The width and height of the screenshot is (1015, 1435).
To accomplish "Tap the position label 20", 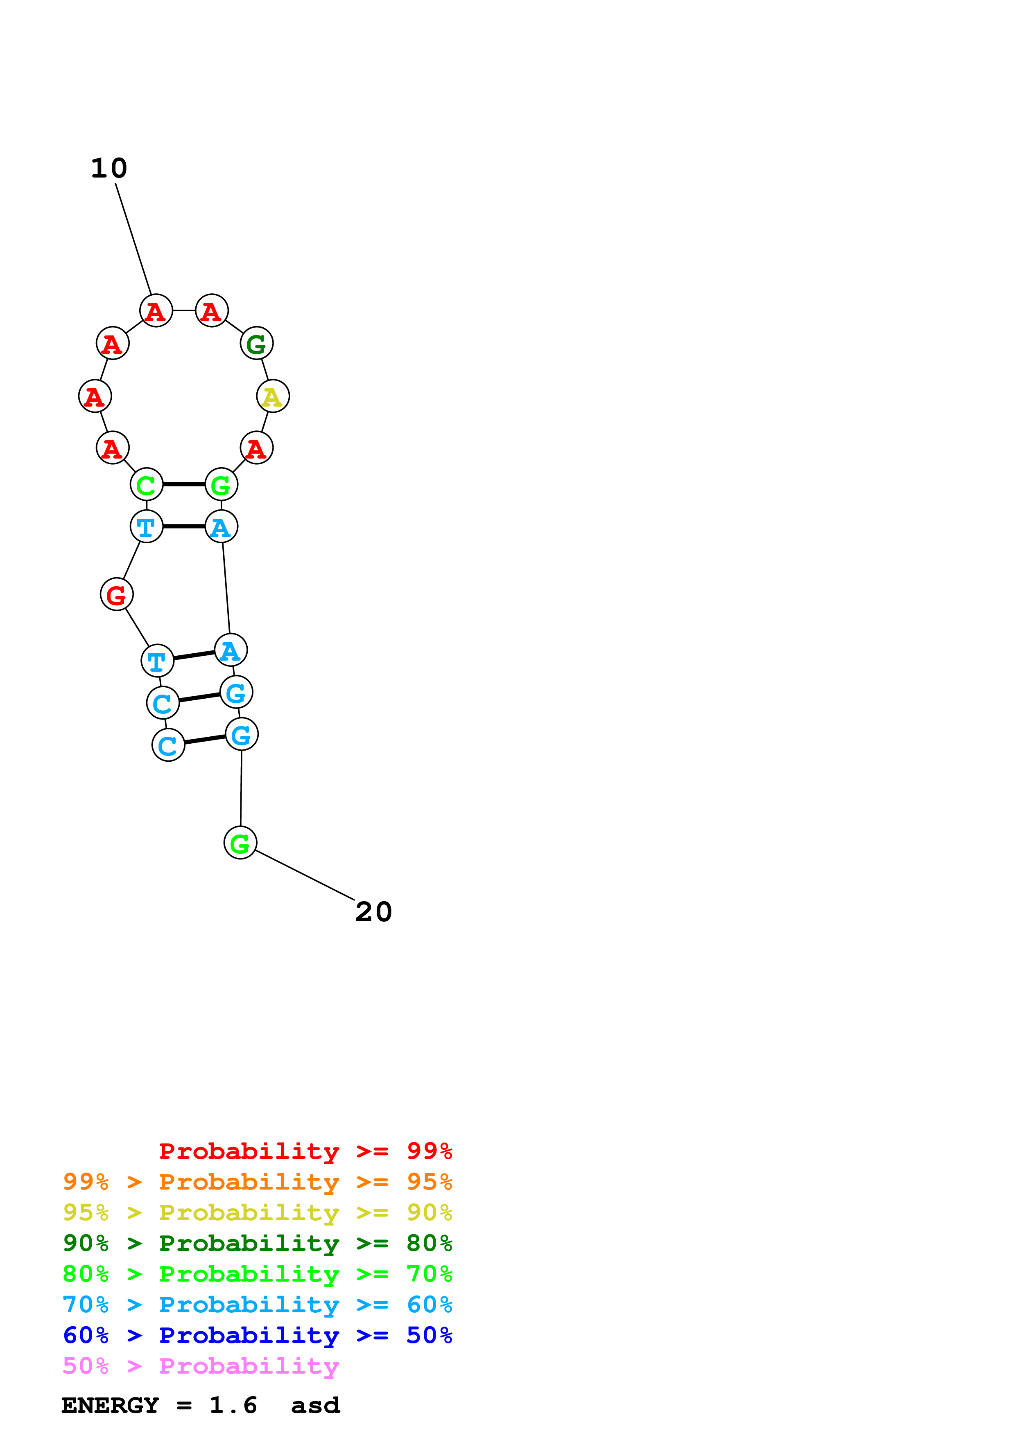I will [x=373, y=912].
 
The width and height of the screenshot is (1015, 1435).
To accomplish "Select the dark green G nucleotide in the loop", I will [x=256, y=344].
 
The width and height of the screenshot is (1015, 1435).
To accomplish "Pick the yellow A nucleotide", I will [x=273, y=396].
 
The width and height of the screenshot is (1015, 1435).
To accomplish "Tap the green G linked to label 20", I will [x=240, y=843].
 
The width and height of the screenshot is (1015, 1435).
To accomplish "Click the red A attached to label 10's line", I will [x=156, y=310].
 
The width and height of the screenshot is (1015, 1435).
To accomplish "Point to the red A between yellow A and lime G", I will [x=256, y=448].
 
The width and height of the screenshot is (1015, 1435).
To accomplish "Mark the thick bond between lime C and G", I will [x=184, y=484].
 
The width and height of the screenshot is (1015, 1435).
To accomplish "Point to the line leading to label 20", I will [x=305, y=875].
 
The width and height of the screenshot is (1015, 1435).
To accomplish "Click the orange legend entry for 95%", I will [x=257, y=1182].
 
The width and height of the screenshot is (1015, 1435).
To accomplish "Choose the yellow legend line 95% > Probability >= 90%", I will [x=257, y=1212].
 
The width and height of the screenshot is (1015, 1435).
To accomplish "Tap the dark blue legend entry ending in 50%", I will [x=257, y=1335].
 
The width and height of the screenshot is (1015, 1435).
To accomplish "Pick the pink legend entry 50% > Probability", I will [x=200, y=1366].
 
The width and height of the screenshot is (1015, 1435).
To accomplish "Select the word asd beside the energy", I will [x=315, y=1406].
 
